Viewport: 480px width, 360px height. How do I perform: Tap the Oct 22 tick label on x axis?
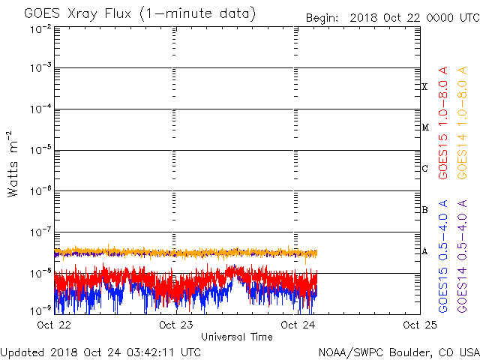55,325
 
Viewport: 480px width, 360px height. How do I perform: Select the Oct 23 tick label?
175,325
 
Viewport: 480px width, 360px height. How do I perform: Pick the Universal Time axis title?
237,337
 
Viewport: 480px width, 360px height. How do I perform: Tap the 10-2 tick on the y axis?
41,28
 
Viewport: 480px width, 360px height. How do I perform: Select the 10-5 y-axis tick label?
41,150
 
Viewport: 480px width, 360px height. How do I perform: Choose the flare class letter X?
424,87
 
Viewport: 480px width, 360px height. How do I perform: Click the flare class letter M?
424,127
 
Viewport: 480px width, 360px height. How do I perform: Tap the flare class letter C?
424,169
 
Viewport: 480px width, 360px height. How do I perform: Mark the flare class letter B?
424,210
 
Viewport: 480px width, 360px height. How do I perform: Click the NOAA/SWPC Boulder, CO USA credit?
398,351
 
